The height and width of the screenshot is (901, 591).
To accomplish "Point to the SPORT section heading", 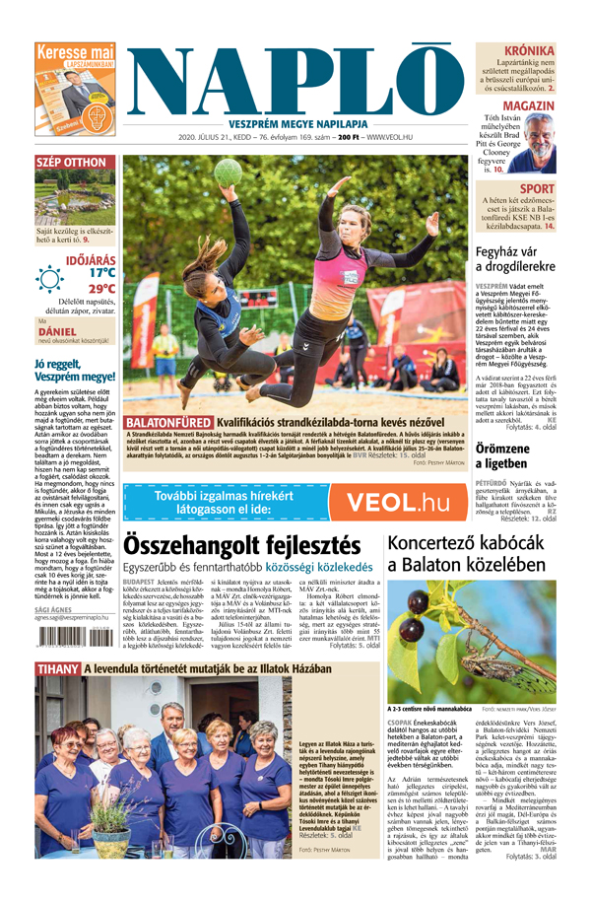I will (537, 188).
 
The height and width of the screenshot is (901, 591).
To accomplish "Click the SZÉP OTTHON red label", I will (71, 162).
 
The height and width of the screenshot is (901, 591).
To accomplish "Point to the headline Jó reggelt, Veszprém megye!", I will (75, 370).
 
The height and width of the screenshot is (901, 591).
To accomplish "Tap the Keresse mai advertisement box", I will (75, 90).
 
